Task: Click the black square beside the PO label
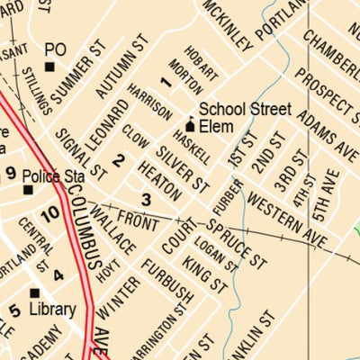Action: pos(50,66)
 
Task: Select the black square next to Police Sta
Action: pos(28,190)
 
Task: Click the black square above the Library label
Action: pos(34,292)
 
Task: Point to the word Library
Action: pos(52,309)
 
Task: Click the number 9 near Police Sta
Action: pos(11,173)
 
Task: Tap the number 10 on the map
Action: pos(49,213)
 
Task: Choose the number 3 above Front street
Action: pos(146,199)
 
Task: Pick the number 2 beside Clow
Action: pos(119,162)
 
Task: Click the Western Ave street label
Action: pos(287,216)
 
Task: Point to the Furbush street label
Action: pos(166,282)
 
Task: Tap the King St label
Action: pos(204,274)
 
